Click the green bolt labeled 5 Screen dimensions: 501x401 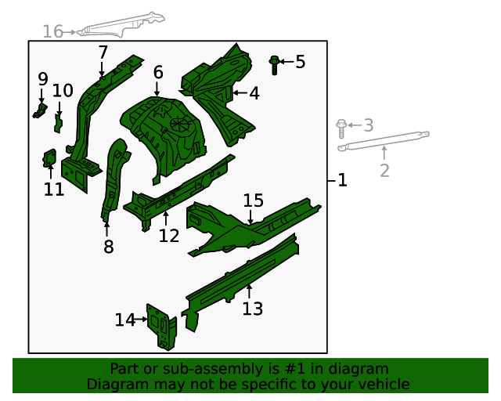tap(274, 65)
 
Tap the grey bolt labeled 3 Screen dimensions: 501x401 tap(341, 128)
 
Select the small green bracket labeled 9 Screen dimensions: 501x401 tap(40, 110)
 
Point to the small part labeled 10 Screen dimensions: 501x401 tap(58, 124)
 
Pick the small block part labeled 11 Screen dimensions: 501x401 tap(49, 158)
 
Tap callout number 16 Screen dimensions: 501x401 tap(52, 31)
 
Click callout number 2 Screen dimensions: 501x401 tap(384, 171)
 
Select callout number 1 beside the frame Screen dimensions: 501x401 tap(342, 180)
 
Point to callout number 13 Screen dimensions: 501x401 tap(252, 309)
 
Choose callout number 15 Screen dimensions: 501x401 tap(254, 200)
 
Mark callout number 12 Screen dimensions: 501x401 tap(169, 236)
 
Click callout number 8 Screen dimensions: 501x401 tap(109, 247)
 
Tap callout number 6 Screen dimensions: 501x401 tap(158, 73)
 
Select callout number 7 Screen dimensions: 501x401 tap(103, 52)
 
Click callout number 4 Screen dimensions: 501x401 tap(254, 93)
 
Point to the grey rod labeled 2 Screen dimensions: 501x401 tap(384, 141)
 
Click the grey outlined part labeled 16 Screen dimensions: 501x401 tap(121, 25)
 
